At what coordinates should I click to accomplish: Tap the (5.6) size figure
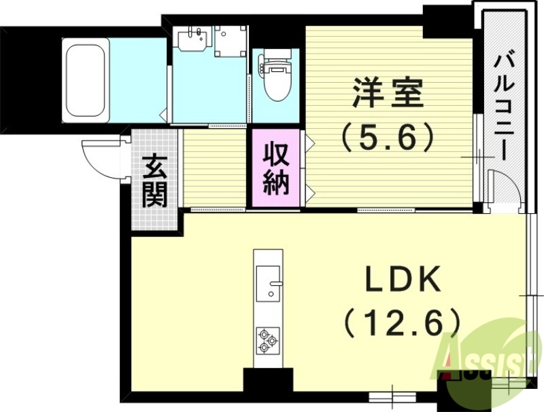tap(387, 139)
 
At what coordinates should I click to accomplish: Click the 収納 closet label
tap(277, 168)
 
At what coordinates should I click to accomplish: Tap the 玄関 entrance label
tap(154, 181)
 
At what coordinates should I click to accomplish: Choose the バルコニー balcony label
tap(503, 105)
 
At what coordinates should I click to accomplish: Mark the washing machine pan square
tap(230, 41)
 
